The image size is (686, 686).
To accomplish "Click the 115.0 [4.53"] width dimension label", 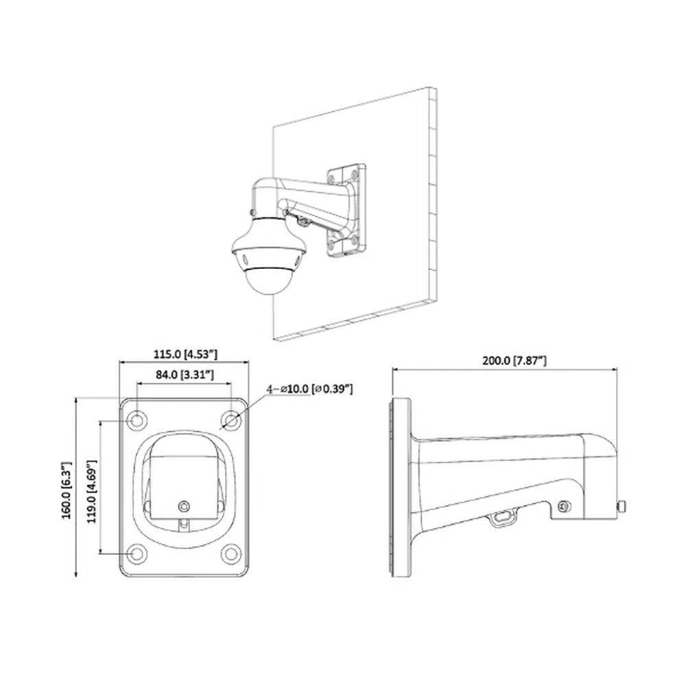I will (x=185, y=354).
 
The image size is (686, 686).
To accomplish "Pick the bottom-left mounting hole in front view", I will (x=137, y=553).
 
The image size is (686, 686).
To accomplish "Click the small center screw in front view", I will (x=182, y=506).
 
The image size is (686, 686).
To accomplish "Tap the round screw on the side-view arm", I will (x=564, y=506).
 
